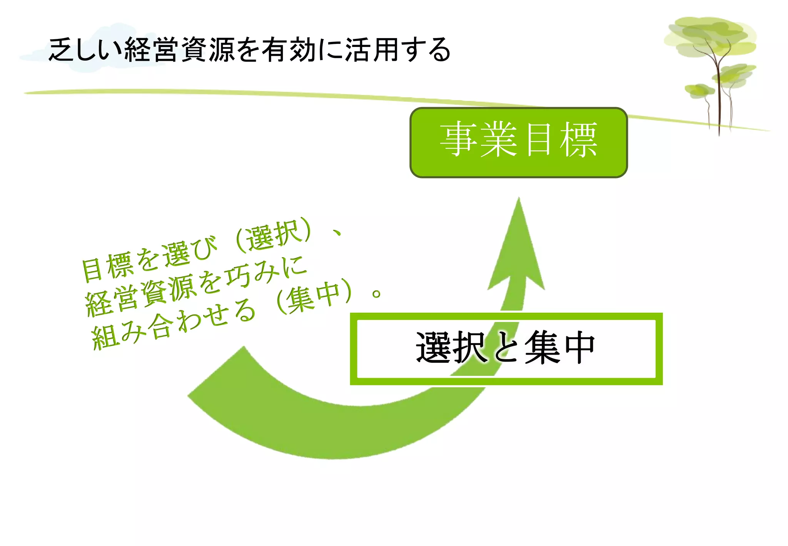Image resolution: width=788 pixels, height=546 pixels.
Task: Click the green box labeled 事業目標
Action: pyautogui.click(x=518, y=142)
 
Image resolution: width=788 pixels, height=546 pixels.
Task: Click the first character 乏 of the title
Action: pyautogui.click(x=61, y=50)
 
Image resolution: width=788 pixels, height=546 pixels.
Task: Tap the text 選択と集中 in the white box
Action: pyautogui.click(x=505, y=348)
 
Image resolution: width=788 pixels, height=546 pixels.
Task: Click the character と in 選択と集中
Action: pyautogui.click(x=505, y=348)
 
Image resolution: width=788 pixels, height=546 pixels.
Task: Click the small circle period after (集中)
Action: pyautogui.click(x=376, y=294)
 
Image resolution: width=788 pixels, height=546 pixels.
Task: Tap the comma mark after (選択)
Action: pyautogui.click(x=337, y=233)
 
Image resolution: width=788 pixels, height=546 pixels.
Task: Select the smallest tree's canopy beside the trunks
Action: pyautogui.click(x=699, y=91)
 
